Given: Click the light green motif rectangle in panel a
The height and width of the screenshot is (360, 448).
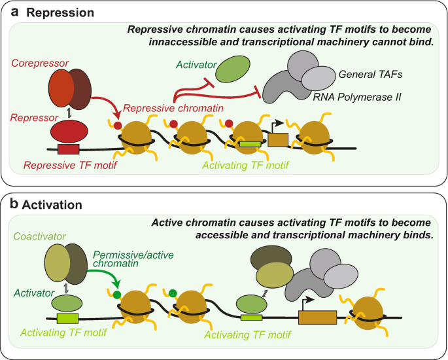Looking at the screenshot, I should (249, 143).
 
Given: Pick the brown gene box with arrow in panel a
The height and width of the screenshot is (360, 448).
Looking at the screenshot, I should (278, 139).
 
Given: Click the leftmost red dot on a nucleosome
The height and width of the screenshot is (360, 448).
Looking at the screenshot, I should (118, 124).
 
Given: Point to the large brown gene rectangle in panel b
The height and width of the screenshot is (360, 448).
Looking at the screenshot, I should (317, 317).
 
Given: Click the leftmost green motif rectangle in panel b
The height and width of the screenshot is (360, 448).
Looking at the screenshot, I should (67, 319).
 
